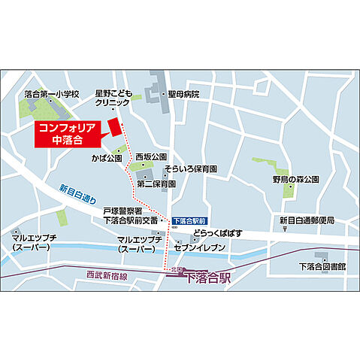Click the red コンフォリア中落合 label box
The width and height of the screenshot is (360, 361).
[68, 134]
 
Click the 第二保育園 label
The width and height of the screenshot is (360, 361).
[156, 183]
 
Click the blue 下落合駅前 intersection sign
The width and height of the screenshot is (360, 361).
[188, 221]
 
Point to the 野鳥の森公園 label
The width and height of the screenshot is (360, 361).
[296, 180]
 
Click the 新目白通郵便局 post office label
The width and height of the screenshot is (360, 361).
[307, 220]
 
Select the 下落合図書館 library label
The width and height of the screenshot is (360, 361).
[321, 265]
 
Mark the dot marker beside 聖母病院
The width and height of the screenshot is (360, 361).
[162, 95]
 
